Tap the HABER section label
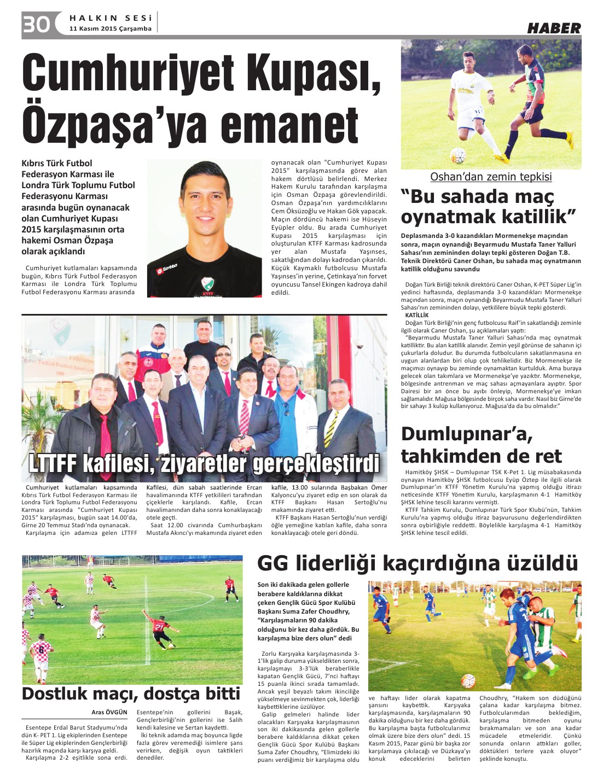click(554, 28)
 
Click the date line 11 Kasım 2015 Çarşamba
click(110, 28)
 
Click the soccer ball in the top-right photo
click(458, 155)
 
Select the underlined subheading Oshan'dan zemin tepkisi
click(491, 177)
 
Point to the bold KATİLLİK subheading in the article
click(416, 316)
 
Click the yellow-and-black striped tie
click(330, 429)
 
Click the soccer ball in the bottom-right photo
click(468, 680)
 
